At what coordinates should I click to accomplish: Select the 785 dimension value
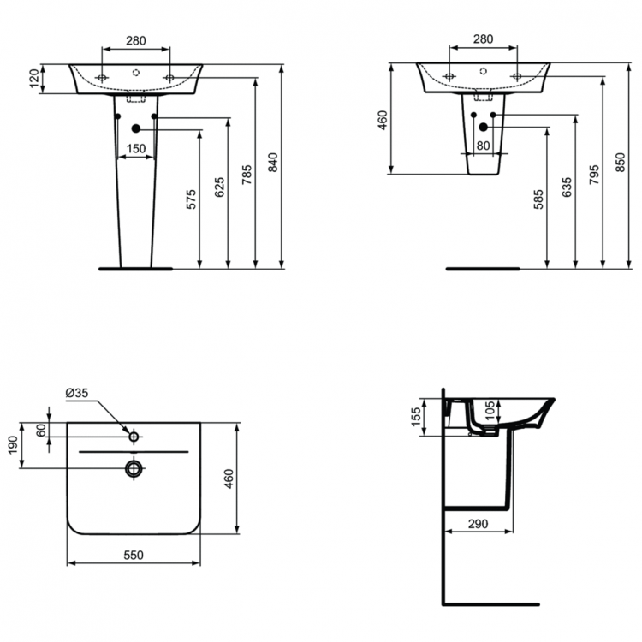247,176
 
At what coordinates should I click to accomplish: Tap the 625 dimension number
219,188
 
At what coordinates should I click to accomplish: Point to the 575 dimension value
191,199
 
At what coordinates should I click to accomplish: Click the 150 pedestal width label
134,149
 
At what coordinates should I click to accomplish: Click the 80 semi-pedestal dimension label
483,146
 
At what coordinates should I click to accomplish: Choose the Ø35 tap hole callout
77,393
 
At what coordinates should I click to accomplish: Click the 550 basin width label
133,555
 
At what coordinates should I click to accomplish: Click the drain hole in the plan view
134,467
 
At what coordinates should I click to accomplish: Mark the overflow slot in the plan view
134,450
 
